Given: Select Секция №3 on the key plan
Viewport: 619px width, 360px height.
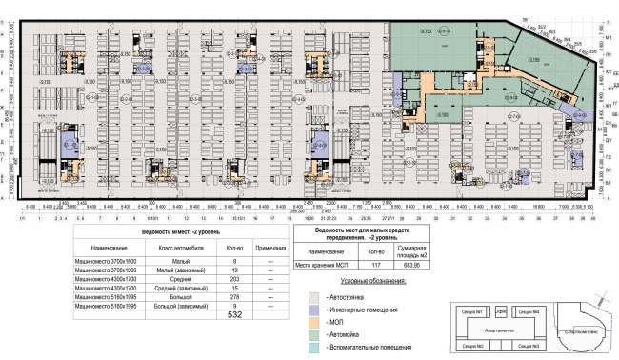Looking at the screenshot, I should pos(529,345).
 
